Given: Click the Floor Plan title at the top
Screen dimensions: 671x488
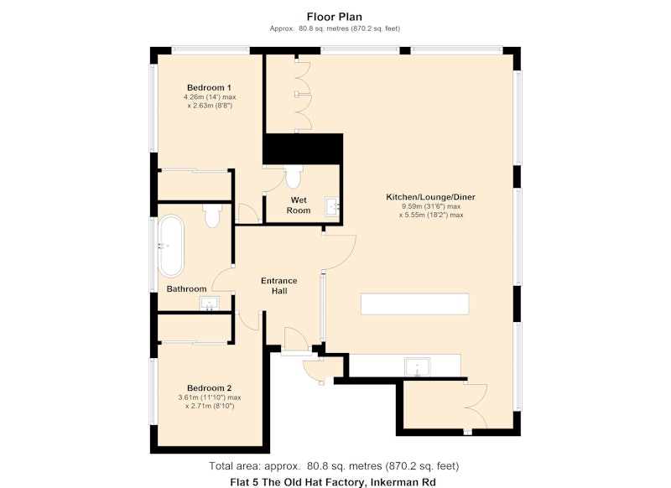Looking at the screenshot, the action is coord(334,17).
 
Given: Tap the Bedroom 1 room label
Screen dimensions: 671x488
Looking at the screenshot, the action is coord(209,88).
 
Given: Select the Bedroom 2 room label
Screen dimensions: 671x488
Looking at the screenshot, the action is coord(209,388).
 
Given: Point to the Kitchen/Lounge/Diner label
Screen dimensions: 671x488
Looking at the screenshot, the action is coord(430,197).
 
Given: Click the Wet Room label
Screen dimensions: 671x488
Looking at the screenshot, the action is coord(299,205).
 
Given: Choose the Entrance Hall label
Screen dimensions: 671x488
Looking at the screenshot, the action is coord(279,286).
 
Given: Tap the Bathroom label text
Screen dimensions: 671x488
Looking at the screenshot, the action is coord(186,288).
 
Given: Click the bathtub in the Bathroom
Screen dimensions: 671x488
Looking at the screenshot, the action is coord(171,246).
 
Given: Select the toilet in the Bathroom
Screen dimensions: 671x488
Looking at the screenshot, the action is coord(212,215).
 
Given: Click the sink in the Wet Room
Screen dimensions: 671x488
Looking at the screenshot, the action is coord(332,206).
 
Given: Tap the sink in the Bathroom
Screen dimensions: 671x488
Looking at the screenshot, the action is coord(209,304).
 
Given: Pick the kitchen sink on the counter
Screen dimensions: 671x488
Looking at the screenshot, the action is coord(418,367).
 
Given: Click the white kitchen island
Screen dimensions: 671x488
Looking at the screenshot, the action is coord(414,304).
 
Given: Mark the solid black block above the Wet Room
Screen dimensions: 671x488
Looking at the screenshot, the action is coord(303,149).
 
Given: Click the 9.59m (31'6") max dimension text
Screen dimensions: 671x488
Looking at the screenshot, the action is coord(431,206).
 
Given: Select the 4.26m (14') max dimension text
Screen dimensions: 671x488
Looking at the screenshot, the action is coord(210,97).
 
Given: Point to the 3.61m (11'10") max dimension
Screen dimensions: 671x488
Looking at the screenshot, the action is coord(210,397).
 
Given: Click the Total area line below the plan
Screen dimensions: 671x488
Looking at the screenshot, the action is coord(334,465).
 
